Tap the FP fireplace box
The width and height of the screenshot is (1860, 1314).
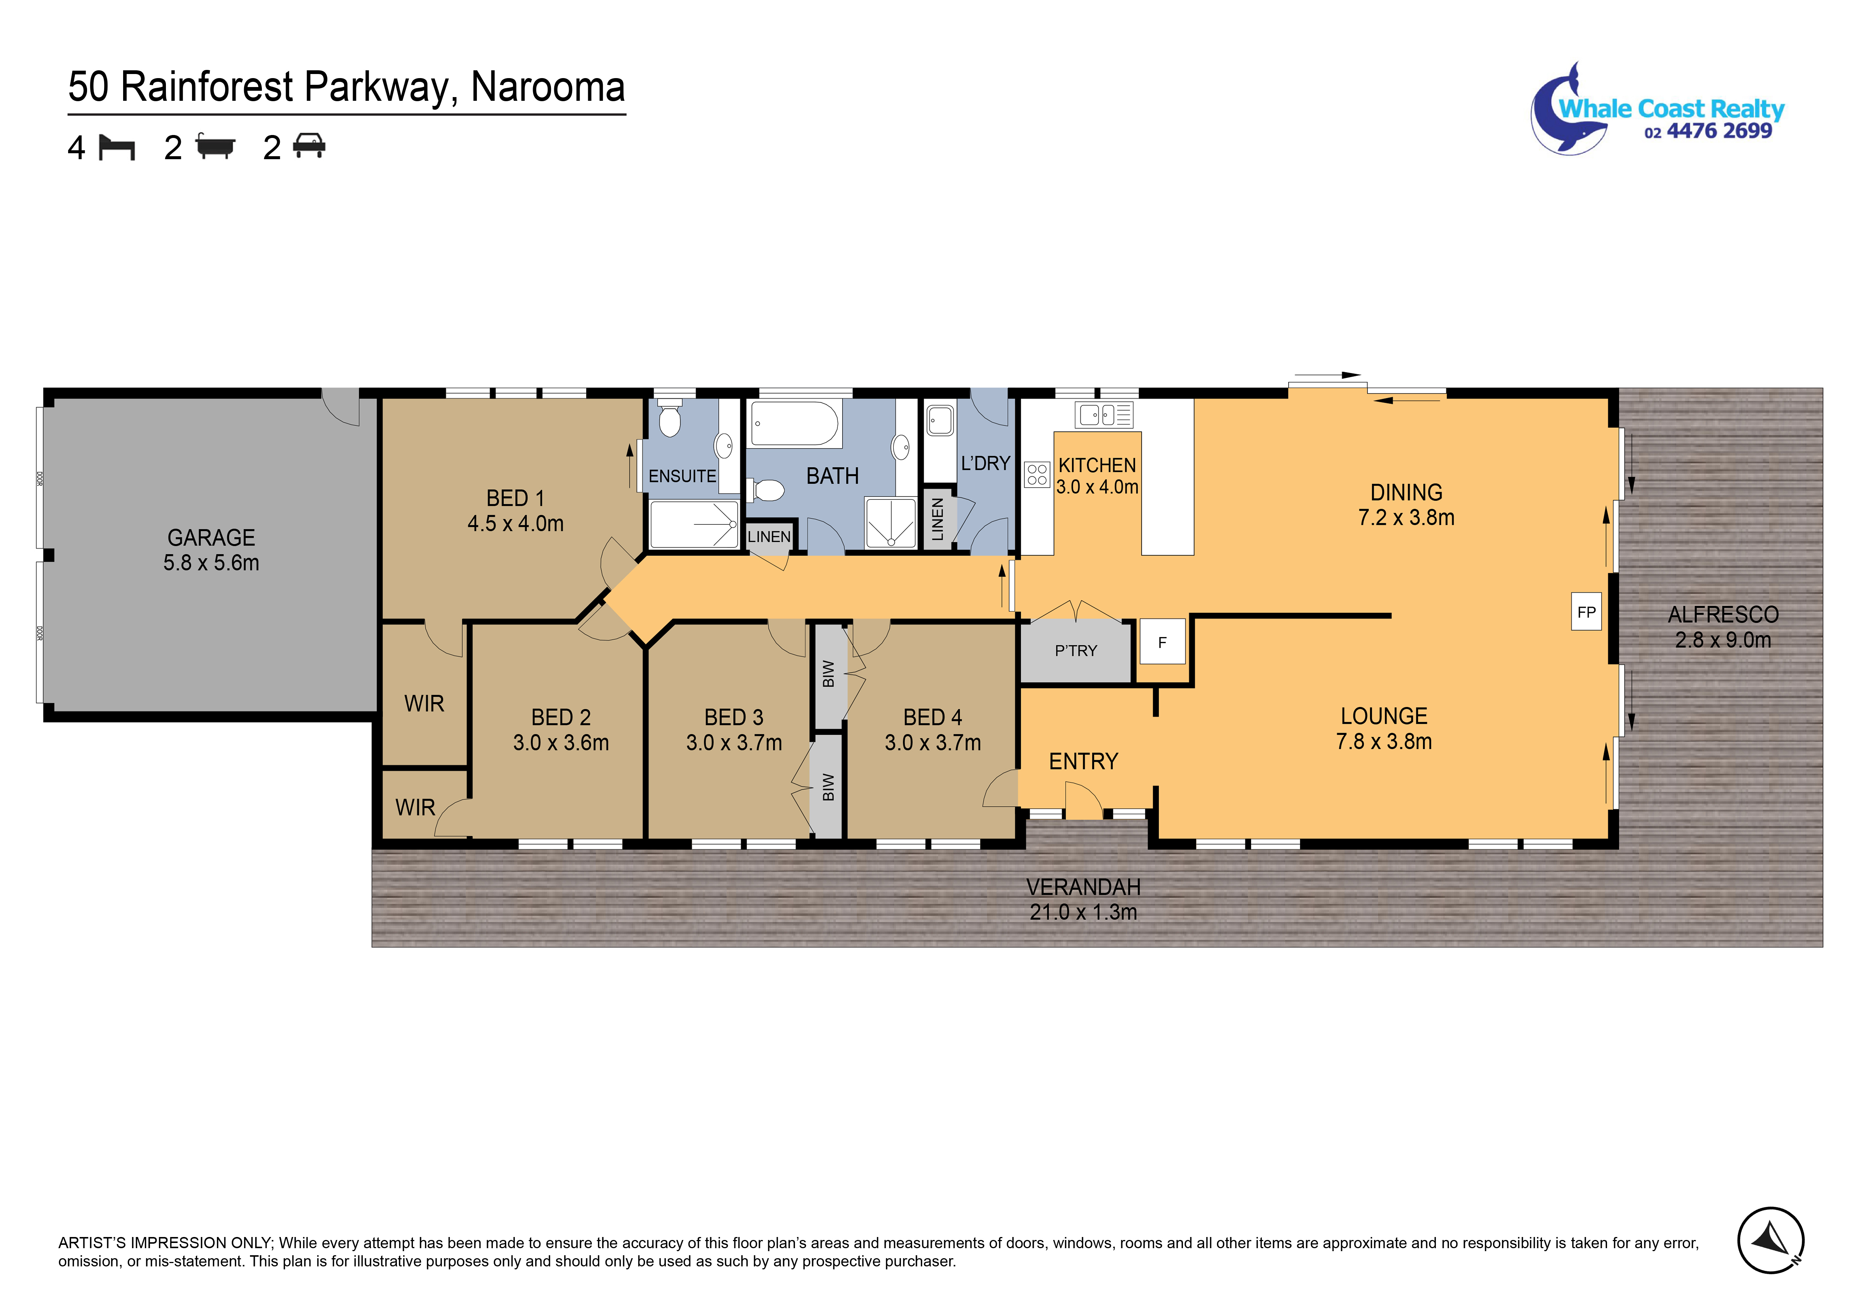[1586, 612]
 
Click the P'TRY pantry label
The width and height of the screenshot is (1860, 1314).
[1076, 650]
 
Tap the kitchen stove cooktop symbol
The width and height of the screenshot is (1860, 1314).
[1037, 474]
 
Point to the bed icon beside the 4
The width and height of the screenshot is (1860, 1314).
[117, 147]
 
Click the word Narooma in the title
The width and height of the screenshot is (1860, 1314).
[548, 87]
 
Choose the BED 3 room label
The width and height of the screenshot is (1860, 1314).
[734, 717]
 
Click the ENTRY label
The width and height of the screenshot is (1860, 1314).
[1083, 761]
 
